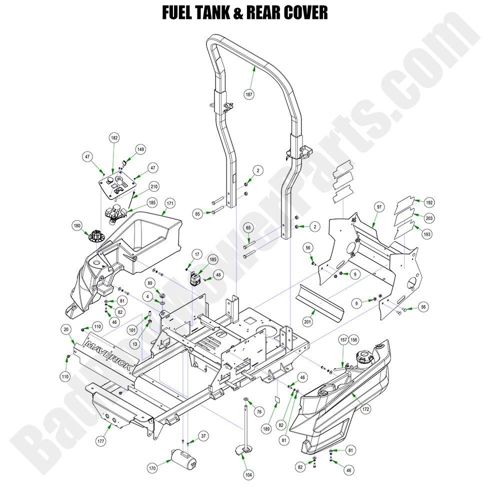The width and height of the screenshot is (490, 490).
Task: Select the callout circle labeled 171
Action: (170, 203)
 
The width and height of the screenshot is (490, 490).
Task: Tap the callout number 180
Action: (77, 225)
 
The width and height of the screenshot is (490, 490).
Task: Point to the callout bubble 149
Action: (141, 149)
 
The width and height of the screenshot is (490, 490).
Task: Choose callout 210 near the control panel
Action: (154, 186)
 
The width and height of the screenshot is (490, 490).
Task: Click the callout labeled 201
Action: (307, 321)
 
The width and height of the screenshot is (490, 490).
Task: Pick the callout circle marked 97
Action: (378, 206)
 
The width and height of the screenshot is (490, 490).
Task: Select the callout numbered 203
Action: (429, 218)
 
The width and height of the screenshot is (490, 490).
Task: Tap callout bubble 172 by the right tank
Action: (366, 409)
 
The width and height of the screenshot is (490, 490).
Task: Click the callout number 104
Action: (248, 474)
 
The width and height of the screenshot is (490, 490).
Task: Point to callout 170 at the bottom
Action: (152, 468)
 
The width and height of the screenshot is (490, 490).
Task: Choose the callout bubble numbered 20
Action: (66, 329)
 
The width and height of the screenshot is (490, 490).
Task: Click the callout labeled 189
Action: (266, 428)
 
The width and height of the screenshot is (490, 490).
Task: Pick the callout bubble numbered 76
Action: (258, 411)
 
